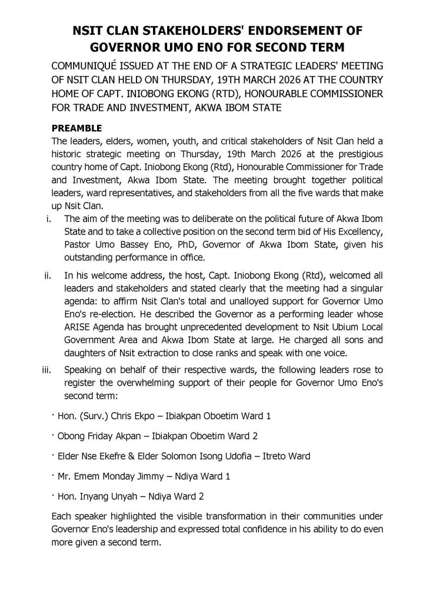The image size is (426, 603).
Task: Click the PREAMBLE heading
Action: [77, 128]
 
